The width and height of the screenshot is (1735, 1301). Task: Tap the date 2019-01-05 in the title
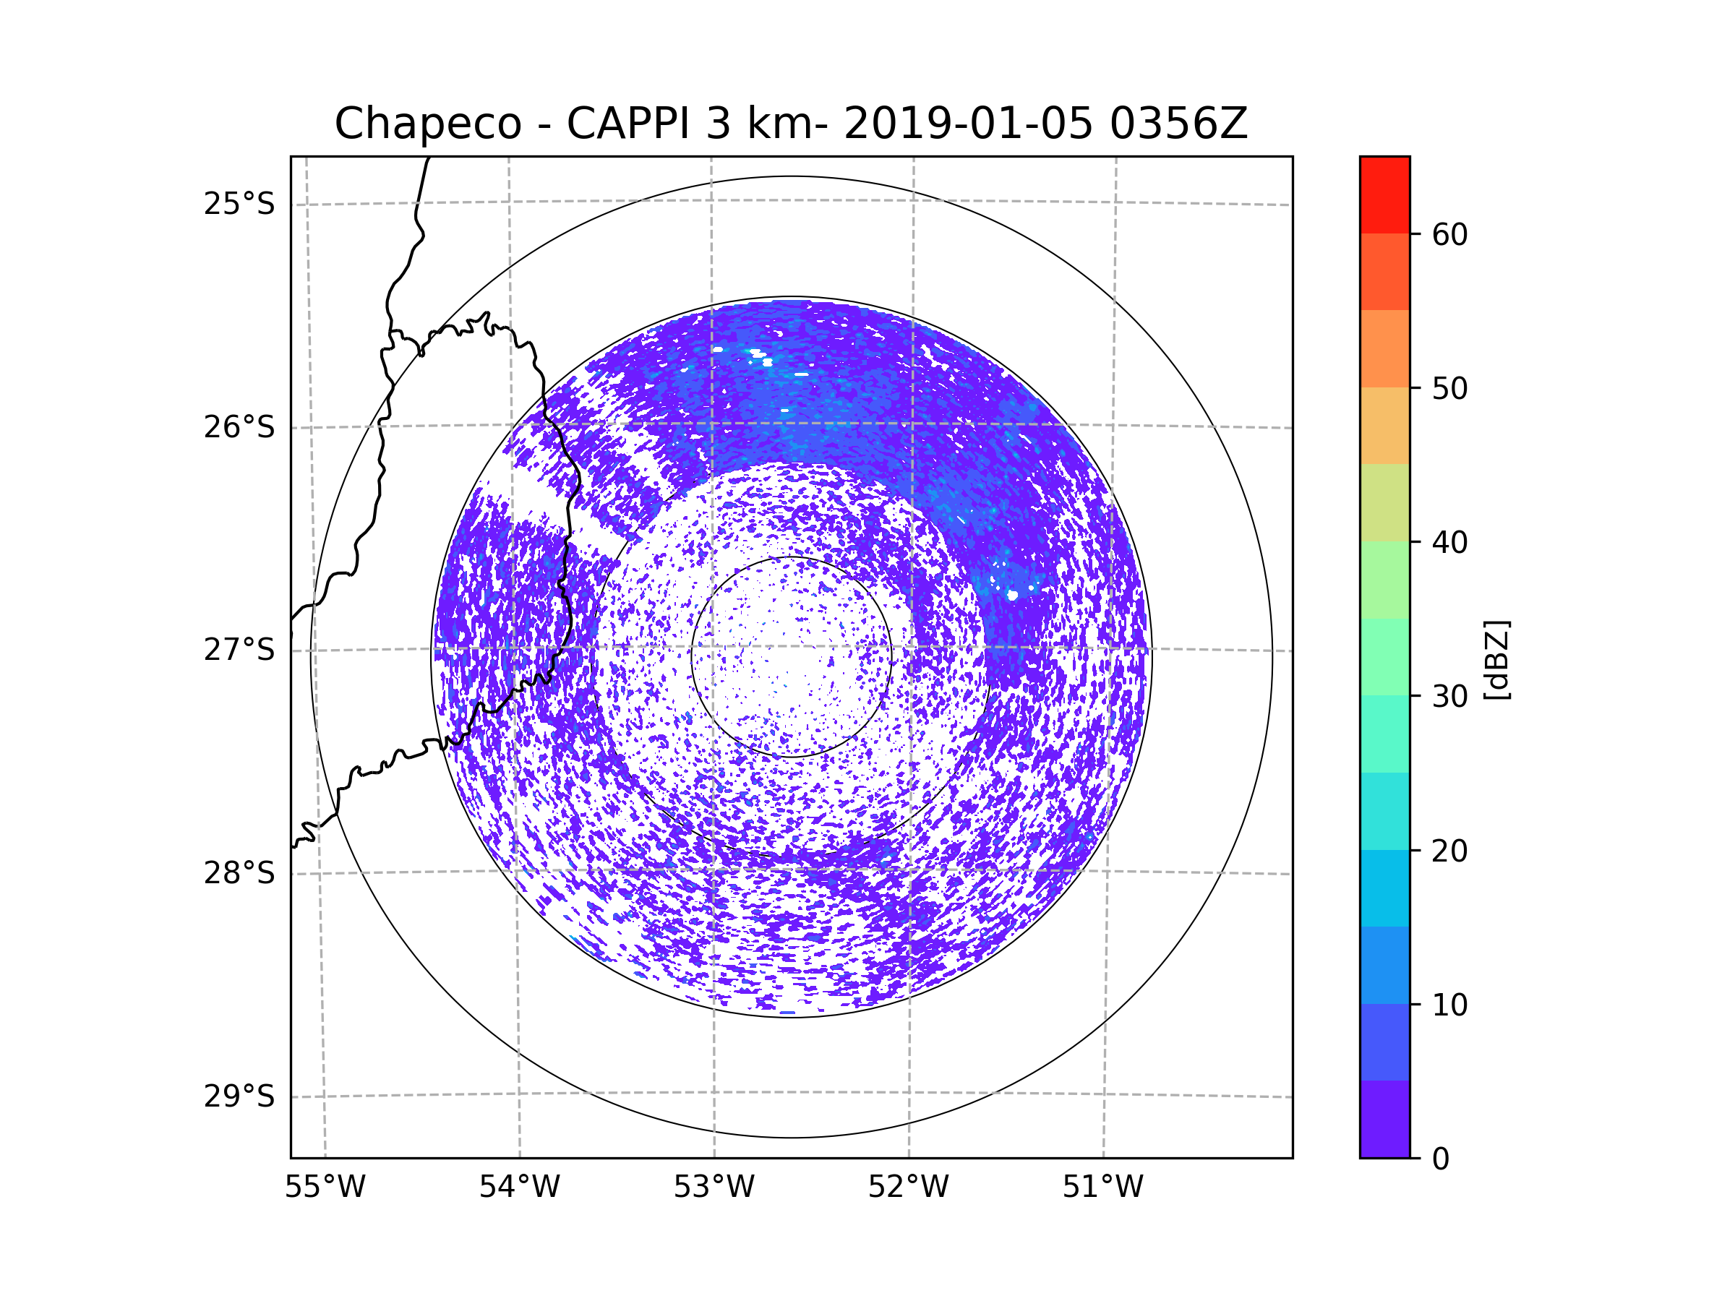968,123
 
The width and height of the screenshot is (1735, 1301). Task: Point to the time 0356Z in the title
1178,123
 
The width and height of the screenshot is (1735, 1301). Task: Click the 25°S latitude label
239,204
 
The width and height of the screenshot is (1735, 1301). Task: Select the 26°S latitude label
239,427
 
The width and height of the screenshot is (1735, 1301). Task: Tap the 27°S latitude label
239,650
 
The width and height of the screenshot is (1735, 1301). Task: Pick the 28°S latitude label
239,873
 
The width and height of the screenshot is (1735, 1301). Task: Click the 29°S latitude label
239,1096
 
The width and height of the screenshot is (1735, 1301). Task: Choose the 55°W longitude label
325,1188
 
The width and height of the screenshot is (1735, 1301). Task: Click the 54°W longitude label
519,1188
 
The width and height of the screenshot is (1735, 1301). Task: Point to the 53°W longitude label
714,1188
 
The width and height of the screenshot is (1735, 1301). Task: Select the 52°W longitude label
908,1188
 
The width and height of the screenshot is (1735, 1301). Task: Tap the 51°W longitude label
1102,1188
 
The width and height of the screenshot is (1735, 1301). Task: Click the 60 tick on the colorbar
1449,234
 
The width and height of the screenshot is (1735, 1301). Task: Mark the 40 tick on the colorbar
1449,543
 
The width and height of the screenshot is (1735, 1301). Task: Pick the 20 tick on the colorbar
1449,851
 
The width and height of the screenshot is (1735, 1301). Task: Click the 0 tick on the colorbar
1441,1159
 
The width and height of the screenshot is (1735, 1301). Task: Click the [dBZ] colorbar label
1496,659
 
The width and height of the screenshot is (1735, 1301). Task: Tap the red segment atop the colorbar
1384,195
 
